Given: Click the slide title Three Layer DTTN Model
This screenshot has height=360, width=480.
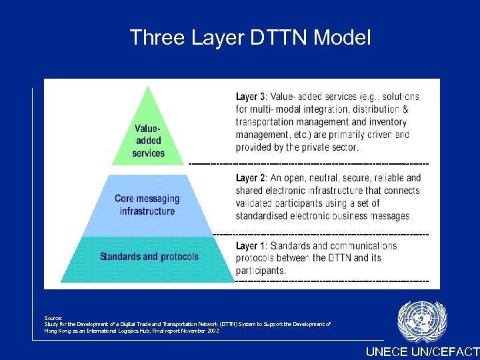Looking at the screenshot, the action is click(250, 37).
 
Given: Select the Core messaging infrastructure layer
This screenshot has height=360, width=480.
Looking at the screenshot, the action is click(147, 205).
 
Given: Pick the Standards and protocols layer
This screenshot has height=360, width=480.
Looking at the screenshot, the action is click(149, 257).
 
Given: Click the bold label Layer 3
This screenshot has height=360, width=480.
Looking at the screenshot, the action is click(251, 97).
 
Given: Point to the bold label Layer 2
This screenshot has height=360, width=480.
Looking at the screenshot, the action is click(251, 178).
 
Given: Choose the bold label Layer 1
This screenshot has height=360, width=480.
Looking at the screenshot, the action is click(251, 246).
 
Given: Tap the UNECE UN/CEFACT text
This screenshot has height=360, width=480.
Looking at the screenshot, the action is click(422, 351).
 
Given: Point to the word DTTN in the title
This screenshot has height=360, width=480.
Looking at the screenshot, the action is click(274, 37).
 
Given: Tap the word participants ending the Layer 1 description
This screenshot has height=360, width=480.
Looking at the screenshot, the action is click(261, 271).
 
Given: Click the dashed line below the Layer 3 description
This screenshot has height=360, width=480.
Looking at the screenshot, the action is click(309, 163).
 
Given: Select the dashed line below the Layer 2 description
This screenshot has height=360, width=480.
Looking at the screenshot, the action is click(320, 234).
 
